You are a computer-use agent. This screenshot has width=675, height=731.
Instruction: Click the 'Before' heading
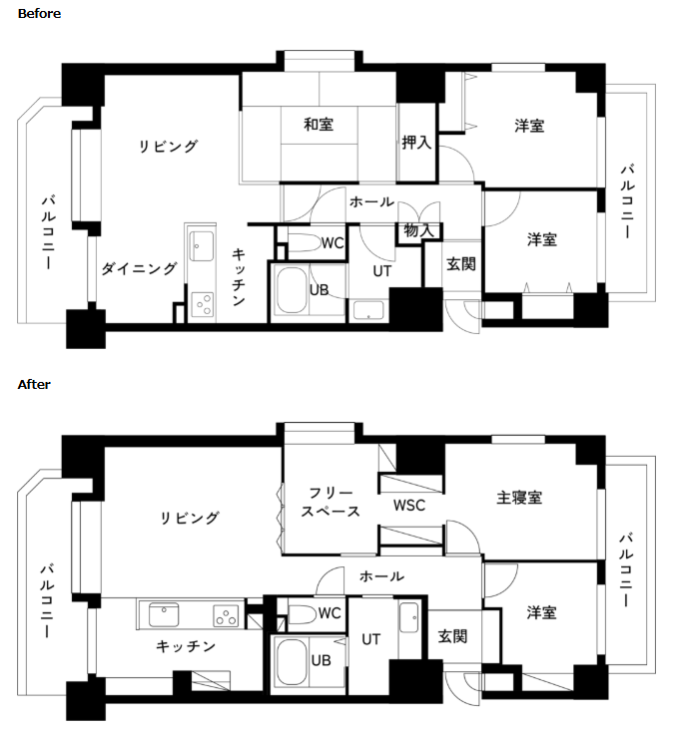point(39,14)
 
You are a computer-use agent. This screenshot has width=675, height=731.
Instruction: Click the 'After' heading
point(34,385)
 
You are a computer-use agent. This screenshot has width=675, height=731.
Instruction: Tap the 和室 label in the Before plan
point(319,125)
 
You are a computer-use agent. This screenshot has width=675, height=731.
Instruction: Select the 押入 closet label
point(416,143)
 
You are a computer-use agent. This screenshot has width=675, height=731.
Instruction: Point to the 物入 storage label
point(418,230)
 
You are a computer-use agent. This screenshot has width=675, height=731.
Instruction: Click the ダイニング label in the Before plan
point(139,268)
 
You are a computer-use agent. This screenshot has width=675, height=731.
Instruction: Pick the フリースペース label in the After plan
point(331,502)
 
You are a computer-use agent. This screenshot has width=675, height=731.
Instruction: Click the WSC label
point(409,506)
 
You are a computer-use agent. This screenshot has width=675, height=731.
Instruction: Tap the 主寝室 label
point(519,498)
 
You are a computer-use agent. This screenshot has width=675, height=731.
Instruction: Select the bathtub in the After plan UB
point(292,661)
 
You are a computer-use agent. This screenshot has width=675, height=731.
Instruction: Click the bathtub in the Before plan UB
point(292,289)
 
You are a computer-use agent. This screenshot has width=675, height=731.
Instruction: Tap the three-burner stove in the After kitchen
point(227,615)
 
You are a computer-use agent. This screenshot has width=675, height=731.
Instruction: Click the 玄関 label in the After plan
point(452,636)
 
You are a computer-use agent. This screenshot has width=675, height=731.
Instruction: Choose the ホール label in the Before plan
point(371,201)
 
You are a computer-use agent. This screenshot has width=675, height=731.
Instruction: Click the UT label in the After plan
point(371,639)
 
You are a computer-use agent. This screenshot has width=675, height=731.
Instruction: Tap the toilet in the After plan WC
point(302,614)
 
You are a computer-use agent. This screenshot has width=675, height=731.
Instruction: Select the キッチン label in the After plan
point(186,645)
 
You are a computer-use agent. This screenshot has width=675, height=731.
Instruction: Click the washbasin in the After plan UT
point(409,617)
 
